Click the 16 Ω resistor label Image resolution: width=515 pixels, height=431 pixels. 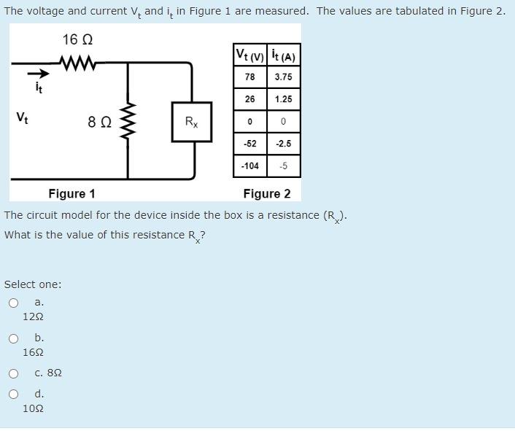tap(78, 39)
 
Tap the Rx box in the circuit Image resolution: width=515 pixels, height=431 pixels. tap(191, 122)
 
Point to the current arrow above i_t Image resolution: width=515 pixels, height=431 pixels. tap(39, 74)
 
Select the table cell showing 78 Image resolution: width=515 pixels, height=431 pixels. tap(249, 77)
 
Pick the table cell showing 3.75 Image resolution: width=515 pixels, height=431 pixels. tap(284, 77)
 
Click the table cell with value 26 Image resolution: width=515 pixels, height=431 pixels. tap(249, 99)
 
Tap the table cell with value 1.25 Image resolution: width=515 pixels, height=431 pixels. tap(284, 99)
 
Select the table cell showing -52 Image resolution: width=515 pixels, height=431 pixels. tap(249, 144)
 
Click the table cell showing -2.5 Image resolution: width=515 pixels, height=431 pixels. tap(284, 144)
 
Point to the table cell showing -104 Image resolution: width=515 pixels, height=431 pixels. tap(249, 166)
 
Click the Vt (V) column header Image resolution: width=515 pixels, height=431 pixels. tap(250, 55)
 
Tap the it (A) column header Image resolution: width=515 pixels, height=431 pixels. tap(284, 55)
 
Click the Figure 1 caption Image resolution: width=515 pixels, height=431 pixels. tap(71, 193)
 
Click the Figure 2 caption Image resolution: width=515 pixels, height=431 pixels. tap(267, 193)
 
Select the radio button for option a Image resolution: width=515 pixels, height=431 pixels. tap(13, 303)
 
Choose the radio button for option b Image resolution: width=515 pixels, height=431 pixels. tap(13, 338)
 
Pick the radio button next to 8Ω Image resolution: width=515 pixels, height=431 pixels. tap(13, 373)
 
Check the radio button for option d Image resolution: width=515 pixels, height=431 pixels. tap(13, 395)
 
